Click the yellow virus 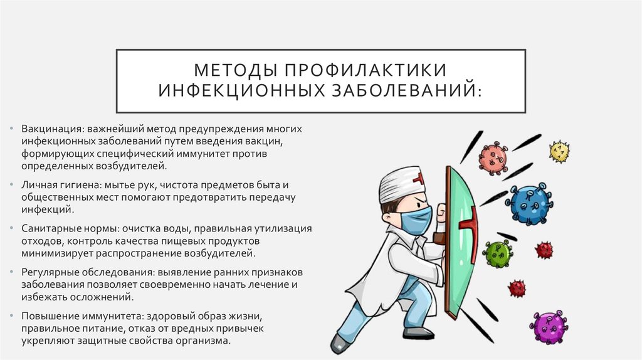pos(559,151)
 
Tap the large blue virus pos(531,204)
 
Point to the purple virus pos(549,327)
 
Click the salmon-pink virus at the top pos(493,157)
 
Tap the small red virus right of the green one pos(544,250)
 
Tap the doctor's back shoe pos(340,342)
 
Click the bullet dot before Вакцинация pos(13,129)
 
